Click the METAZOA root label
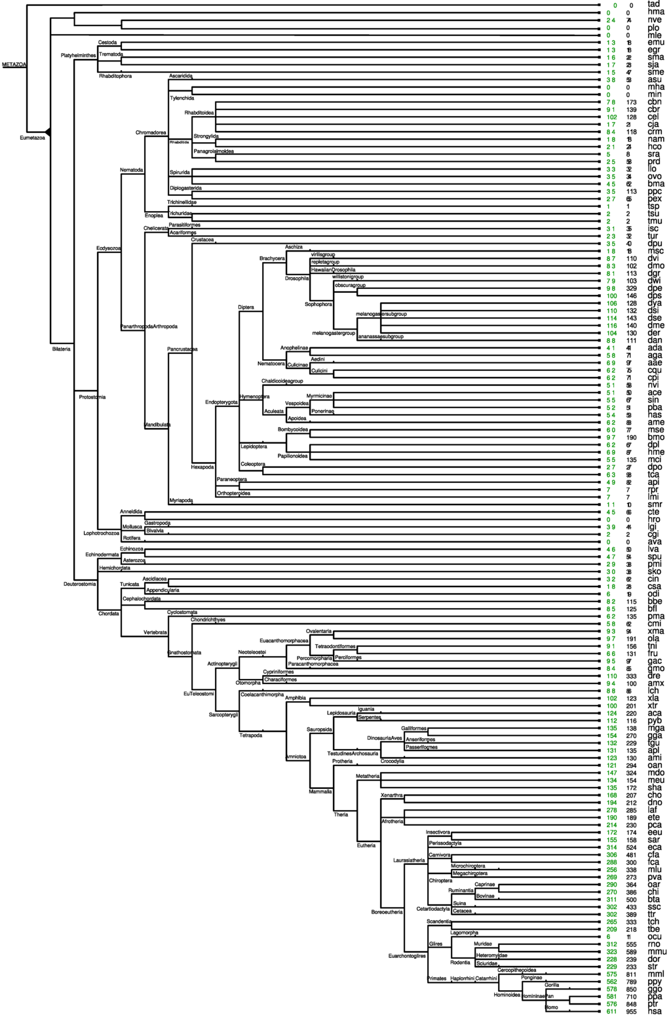(13, 65)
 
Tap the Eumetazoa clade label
(32, 138)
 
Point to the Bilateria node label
(61, 349)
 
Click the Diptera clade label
(246, 307)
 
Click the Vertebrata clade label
(156, 632)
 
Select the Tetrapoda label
(251, 735)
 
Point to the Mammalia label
(320, 792)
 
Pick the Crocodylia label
(393, 761)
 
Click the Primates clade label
(437, 979)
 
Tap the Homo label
(552, 1008)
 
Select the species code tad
(653, 5)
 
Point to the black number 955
(632, 1012)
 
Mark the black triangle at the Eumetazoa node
(48, 132)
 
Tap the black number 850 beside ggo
(632, 990)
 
